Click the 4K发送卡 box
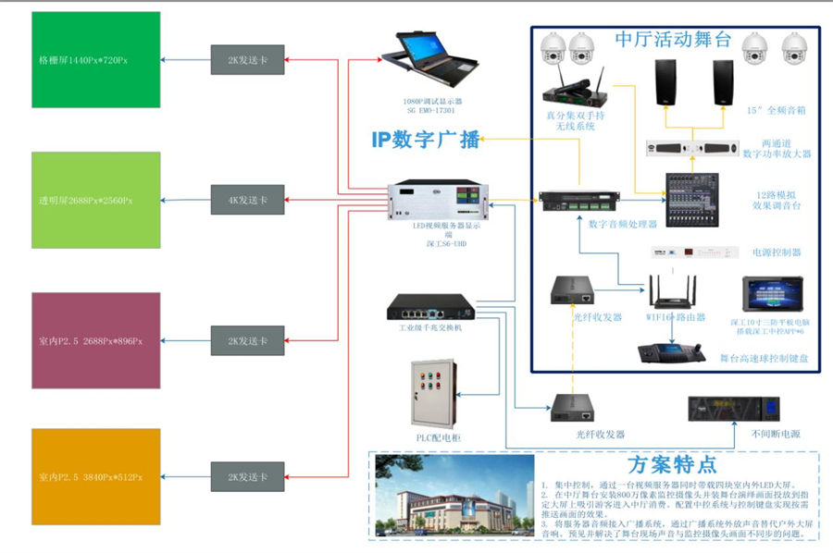pyautogui.click(x=247, y=200)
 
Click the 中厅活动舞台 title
pyautogui.click(x=673, y=39)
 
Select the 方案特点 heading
pyautogui.click(x=671, y=464)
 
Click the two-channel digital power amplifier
pyautogui.click(x=692, y=148)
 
